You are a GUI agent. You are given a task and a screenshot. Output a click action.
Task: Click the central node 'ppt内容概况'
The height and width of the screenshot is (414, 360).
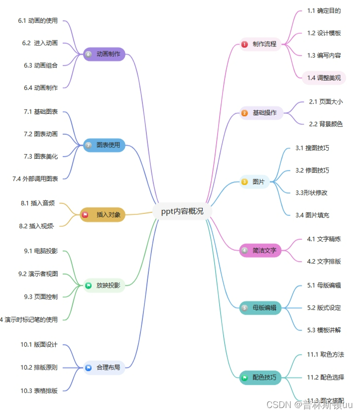(x=182, y=211)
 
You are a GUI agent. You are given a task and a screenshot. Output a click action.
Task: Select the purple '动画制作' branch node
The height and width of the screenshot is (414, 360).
(x=104, y=54)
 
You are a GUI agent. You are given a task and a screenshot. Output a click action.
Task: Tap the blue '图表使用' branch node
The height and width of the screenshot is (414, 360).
(x=104, y=145)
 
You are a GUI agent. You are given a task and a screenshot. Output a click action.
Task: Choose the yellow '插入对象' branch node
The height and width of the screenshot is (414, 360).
(x=104, y=215)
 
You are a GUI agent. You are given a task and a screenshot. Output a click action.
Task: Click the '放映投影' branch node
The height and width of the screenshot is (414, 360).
(x=104, y=285)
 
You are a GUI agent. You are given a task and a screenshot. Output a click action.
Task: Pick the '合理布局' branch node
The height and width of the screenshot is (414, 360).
(x=104, y=368)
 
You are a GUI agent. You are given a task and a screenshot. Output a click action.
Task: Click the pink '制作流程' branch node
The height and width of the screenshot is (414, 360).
(x=260, y=44)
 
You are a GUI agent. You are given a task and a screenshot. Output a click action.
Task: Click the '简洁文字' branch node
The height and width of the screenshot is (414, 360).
(x=260, y=251)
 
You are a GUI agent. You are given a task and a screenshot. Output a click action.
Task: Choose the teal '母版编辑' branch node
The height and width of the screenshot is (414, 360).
(x=260, y=308)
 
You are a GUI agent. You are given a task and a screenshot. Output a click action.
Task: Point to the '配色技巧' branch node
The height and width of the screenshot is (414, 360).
(x=260, y=377)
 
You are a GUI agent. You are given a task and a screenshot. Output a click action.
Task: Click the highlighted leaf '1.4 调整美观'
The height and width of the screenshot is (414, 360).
(x=324, y=78)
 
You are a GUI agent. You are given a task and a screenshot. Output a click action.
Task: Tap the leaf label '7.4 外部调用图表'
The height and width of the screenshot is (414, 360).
(x=35, y=179)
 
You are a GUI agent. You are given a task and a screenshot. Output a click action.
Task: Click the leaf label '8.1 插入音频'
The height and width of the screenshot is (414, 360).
(x=38, y=204)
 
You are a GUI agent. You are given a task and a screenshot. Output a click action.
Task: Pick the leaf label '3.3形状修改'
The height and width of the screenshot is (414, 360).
(x=311, y=193)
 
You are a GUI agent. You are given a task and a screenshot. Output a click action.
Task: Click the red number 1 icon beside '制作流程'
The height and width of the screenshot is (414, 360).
(x=244, y=44)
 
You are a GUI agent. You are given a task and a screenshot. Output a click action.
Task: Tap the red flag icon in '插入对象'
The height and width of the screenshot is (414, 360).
(x=85, y=215)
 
